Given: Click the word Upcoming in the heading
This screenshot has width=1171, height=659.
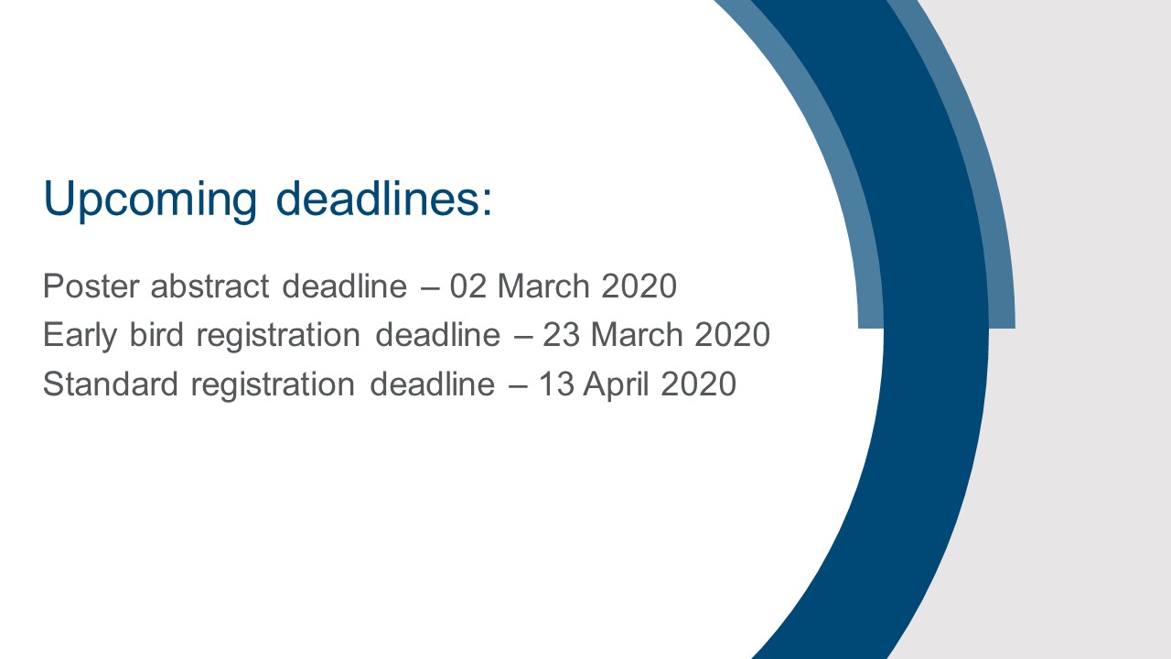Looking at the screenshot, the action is tap(150, 200).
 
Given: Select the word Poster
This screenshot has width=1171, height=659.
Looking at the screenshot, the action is tap(91, 286).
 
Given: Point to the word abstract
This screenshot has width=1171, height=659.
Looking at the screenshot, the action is tap(209, 286).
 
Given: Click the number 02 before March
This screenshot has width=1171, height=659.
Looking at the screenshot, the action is tap(468, 286).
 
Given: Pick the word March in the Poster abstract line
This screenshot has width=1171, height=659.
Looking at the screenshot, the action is tap(543, 286).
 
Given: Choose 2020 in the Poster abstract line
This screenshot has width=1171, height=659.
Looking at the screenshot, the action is tap(639, 286).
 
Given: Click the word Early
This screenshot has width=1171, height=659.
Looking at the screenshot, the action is tap(80, 335).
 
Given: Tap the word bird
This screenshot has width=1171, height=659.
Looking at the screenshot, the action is tap(156, 334).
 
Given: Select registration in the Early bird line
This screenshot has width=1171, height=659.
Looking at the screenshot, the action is tap(278, 335).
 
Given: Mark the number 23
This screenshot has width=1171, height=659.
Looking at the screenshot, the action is tap(561, 335).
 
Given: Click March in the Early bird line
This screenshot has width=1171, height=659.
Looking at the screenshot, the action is tap(637, 334).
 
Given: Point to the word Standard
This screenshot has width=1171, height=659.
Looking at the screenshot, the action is tap(111, 384).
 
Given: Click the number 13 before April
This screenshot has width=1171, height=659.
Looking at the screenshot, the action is tap(555, 384).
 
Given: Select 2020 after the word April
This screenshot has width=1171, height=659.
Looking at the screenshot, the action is tap(698, 384).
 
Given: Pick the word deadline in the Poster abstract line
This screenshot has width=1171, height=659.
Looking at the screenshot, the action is tap(345, 286).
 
